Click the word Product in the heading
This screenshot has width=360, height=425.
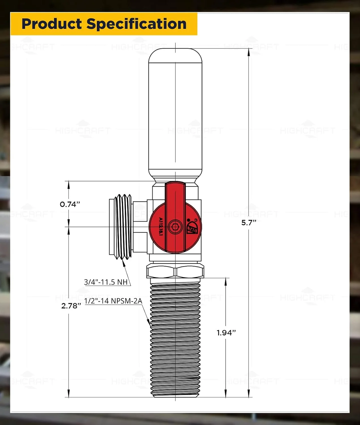pyautogui.click(x=52, y=24)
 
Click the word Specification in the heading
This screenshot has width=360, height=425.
pyautogui.click(x=136, y=24)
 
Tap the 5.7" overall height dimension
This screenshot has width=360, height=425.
pyautogui.click(x=248, y=223)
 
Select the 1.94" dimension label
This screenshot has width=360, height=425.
pyautogui.click(x=226, y=333)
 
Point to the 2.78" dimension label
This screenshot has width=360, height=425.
pyautogui.click(x=71, y=306)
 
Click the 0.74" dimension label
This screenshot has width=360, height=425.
pyautogui.click(x=70, y=204)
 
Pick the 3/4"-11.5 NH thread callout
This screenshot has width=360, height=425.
pyautogui.click(x=106, y=282)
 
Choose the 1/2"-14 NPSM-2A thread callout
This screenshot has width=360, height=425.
pyautogui.click(x=113, y=301)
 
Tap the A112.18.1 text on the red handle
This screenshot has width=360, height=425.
pyautogui.click(x=161, y=227)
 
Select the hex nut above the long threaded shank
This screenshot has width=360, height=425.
pyautogui.click(x=175, y=271)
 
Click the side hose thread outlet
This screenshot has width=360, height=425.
pyautogui.click(x=121, y=227)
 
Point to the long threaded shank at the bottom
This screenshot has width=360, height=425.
pyautogui.click(x=175, y=337)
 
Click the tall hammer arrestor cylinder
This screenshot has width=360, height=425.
pyautogui.click(x=175, y=113)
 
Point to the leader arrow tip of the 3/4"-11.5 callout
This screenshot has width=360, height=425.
pyautogui.click(x=123, y=261)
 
